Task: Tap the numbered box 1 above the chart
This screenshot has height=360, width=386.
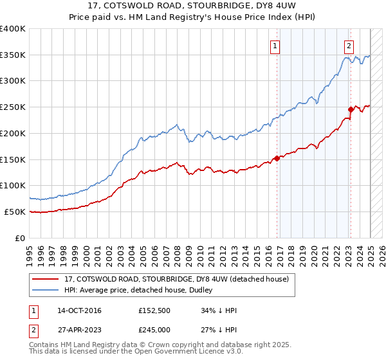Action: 275,46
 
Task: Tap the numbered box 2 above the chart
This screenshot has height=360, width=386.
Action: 349,46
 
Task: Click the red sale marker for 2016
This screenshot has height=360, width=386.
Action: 277,158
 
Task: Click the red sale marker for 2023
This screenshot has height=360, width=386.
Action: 351,109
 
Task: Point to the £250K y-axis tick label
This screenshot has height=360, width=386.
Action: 13,107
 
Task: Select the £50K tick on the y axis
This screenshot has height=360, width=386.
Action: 15,212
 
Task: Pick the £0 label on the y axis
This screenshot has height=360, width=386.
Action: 21,238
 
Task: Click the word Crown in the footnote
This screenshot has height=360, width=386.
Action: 170,346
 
